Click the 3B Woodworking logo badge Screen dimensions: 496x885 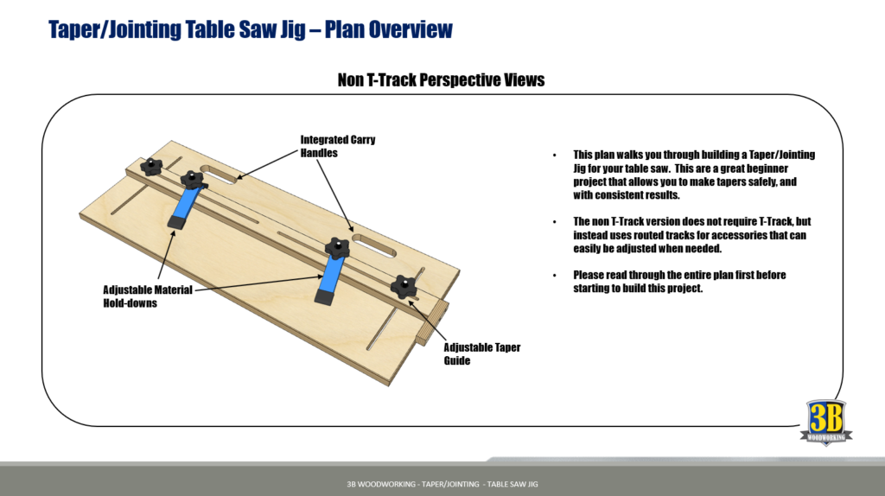(x=826, y=422)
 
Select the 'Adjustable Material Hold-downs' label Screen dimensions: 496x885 (x=148, y=296)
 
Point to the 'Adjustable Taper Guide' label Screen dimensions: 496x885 (x=481, y=353)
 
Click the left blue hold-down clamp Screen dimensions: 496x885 (x=184, y=208)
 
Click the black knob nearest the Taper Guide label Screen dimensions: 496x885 (x=404, y=288)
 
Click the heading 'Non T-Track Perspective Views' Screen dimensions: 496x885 (x=441, y=80)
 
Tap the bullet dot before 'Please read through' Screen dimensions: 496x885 (x=555, y=275)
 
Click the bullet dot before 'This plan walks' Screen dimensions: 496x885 (x=555, y=155)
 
